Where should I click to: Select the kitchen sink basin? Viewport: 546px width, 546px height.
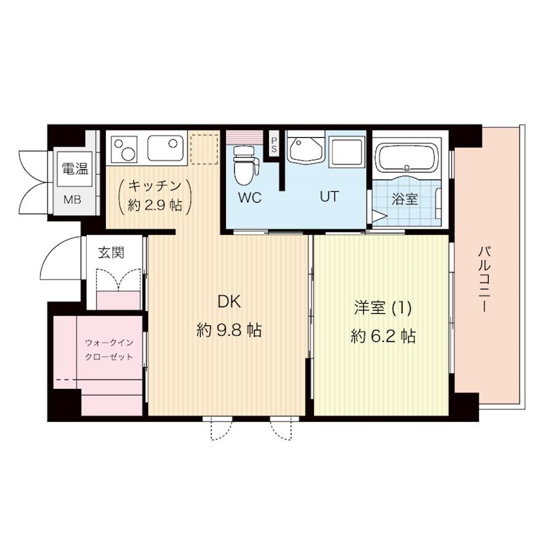click(164, 147)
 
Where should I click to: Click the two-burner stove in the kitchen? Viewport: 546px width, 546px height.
click(125, 147)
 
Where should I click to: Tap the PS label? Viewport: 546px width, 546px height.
click(274, 143)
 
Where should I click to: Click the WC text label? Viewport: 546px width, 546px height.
click(250, 198)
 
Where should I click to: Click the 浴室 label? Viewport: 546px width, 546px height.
click(405, 200)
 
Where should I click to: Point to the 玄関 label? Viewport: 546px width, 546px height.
click(111, 253)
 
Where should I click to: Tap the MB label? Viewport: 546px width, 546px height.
click(72, 200)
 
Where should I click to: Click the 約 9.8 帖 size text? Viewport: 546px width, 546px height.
click(229, 331)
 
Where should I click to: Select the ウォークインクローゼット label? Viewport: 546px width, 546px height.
click(107, 349)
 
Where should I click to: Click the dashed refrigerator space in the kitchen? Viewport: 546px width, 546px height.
click(201, 149)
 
